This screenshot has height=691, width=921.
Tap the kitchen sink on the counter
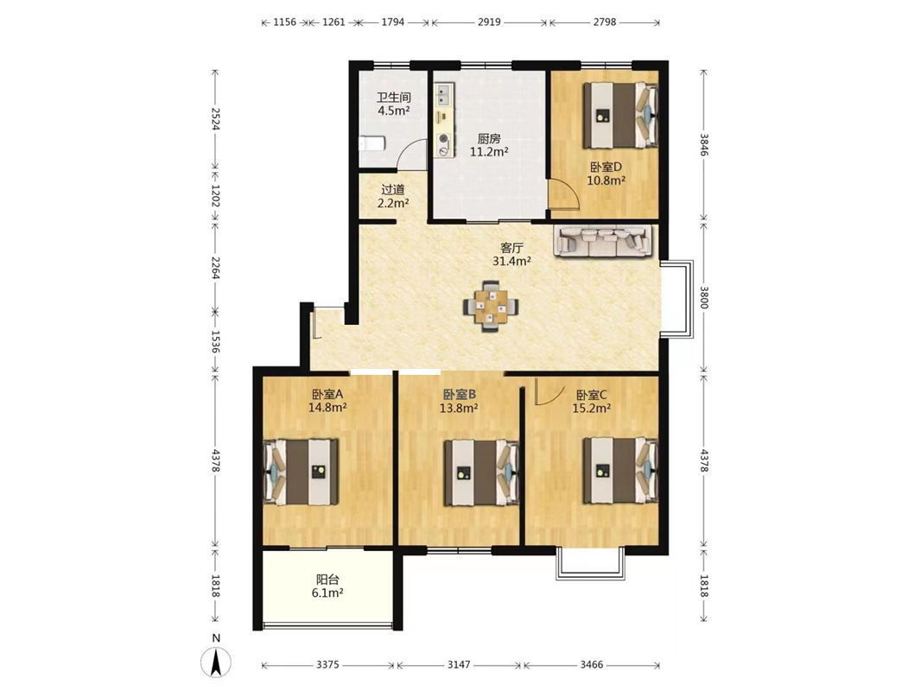(443, 92)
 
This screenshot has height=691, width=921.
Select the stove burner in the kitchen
(444, 140)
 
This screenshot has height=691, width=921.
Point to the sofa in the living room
(603, 240)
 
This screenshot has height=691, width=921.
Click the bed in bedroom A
(300, 472)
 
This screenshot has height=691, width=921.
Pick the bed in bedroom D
(620, 115)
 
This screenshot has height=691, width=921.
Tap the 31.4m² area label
(511, 261)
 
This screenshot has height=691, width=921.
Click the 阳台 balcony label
(327, 580)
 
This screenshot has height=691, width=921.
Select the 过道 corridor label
(393, 190)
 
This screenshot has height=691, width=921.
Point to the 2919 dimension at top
(489, 22)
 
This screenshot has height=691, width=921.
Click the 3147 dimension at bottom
(459, 664)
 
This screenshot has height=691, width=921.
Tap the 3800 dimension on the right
(704, 297)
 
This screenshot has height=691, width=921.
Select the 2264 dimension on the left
(215, 269)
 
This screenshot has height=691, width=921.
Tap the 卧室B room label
(459, 395)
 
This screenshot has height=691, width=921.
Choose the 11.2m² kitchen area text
(489, 152)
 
